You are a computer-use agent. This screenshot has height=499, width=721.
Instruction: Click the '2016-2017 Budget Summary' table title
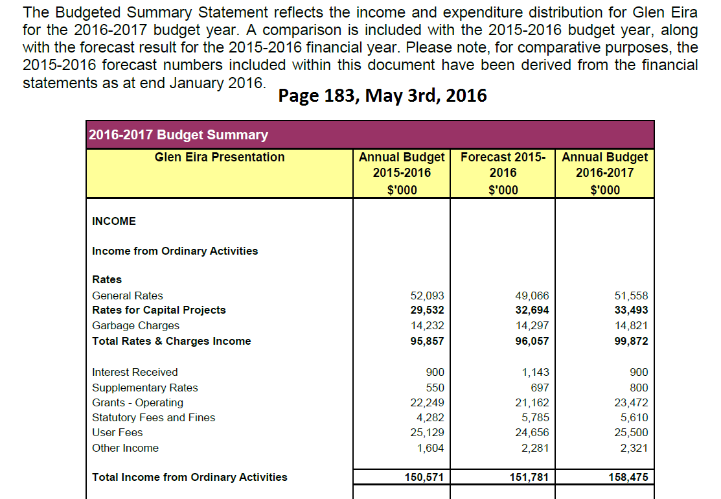pyautogui.click(x=178, y=135)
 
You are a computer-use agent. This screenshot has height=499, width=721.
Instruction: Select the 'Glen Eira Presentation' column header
pyautogui.click(x=220, y=157)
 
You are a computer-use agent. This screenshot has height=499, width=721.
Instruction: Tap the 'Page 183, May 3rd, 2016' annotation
pyautogui.click(x=382, y=96)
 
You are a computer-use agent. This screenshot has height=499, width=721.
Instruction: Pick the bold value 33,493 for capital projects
pyautogui.click(x=631, y=310)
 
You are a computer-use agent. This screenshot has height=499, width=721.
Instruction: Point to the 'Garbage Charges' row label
pyautogui.click(x=135, y=325)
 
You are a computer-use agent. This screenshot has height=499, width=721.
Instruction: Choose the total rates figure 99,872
pyautogui.click(x=631, y=341)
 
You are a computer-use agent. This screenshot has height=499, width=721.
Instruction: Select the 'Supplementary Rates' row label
pyautogui.click(x=144, y=388)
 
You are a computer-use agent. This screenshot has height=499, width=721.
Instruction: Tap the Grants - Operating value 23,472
pyautogui.click(x=631, y=402)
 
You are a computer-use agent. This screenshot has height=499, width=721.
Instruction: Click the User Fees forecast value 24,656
pyautogui.click(x=532, y=432)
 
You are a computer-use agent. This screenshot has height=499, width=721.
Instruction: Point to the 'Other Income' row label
pyautogui.click(x=125, y=448)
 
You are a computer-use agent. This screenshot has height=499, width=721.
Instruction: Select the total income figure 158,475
pyautogui.click(x=628, y=478)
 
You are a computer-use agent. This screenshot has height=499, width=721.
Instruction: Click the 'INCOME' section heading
pyautogui.click(x=114, y=221)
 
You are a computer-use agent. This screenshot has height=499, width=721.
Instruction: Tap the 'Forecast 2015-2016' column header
pyautogui.click(x=503, y=165)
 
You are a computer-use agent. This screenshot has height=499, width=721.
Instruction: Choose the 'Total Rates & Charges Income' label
pyautogui.click(x=171, y=341)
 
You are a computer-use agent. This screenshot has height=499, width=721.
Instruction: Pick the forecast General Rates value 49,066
pyautogui.click(x=532, y=296)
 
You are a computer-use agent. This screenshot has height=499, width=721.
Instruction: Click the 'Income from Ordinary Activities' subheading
pyautogui.click(x=175, y=251)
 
